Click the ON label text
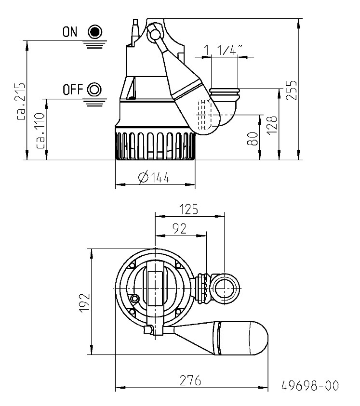[x=70, y=32]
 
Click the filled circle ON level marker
[x=95, y=32]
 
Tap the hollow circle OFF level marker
[x=95, y=89]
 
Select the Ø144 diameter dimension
[x=154, y=178]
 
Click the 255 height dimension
[x=292, y=90]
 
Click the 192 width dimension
[x=84, y=302]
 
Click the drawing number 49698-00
[x=310, y=386]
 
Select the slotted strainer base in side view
[x=155, y=144]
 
